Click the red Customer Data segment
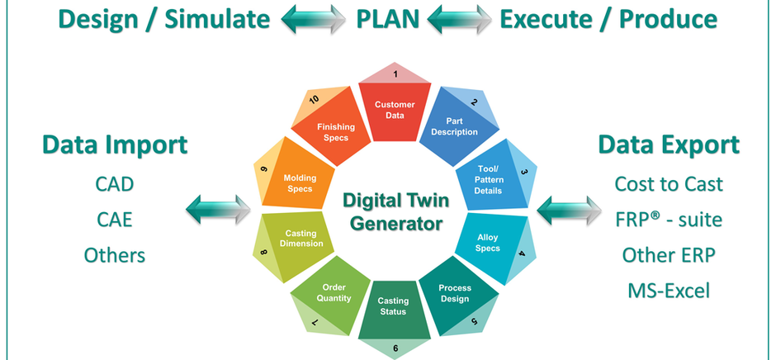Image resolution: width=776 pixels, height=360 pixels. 395,110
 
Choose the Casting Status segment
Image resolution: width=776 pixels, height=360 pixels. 393,307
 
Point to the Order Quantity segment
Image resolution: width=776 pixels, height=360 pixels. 334,293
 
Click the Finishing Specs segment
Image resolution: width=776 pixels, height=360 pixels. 333,132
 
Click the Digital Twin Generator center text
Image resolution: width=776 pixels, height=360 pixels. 393,211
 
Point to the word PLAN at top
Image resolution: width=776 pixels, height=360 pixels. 387,17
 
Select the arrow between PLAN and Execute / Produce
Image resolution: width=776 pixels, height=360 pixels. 459,18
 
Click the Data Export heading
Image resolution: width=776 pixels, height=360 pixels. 669,145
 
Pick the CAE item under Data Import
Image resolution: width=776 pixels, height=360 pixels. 114,220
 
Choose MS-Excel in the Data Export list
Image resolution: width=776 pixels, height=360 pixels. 668,291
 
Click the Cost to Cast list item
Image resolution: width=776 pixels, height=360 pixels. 669,183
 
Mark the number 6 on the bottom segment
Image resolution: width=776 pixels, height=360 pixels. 395,348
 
